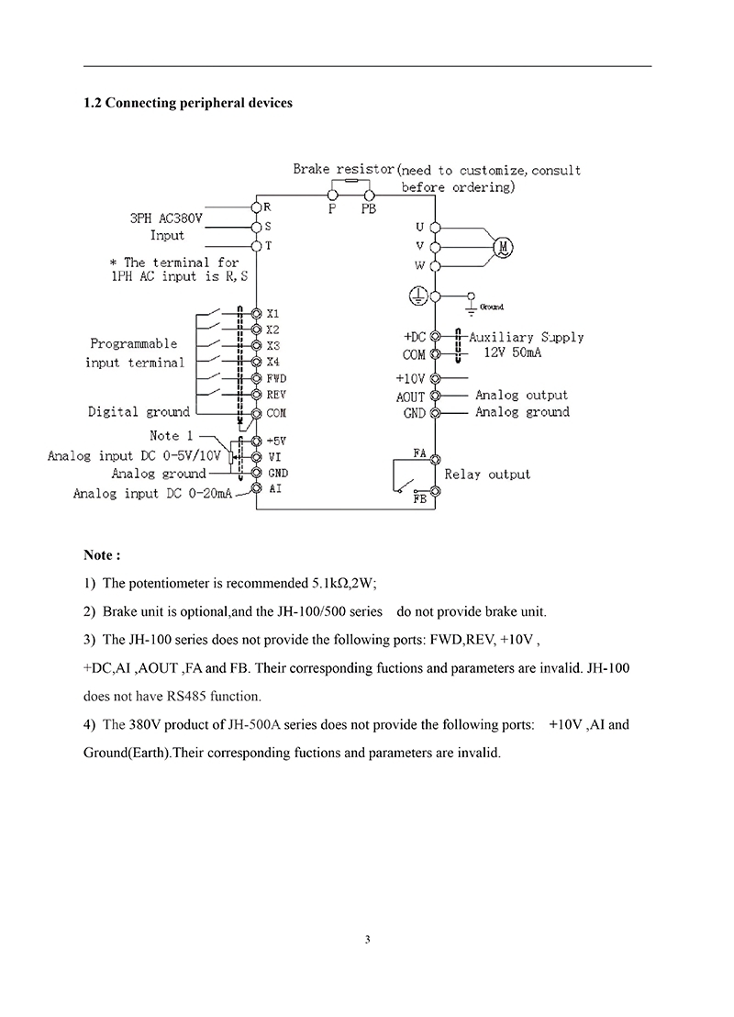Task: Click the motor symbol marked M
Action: coord(502,246)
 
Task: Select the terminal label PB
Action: coord(370,209)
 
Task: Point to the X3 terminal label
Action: coord(272,346)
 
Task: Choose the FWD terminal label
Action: coord(276,378)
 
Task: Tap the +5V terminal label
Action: coord(276,441)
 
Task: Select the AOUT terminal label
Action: coord(409,397)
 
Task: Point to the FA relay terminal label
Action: coord(419,453)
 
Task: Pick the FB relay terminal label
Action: coord(419,498)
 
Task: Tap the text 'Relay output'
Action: coord(487,475)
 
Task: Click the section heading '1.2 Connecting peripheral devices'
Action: coord(188,103)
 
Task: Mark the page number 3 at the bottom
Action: coord(367,939)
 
